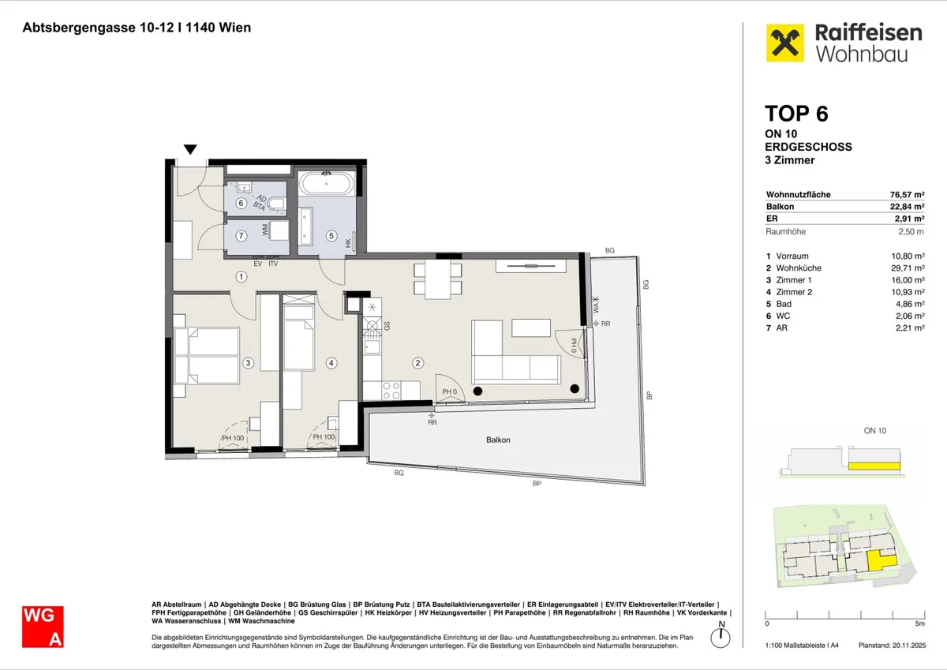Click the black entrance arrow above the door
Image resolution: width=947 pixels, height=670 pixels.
click(190, 149)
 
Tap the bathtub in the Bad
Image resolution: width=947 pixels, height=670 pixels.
click(327, 184)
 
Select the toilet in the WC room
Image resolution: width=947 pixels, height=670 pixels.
click(277, 204)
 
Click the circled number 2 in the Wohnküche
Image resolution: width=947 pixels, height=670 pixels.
click(417, 363)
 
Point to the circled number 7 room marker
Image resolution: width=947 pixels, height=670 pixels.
click(241, 235)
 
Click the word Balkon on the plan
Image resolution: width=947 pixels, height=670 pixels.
click(498, 440)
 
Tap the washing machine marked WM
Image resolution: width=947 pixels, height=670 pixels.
click(279, 230)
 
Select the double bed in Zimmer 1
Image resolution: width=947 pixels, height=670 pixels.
click(207, 355)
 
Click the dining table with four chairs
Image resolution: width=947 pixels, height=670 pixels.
click(437, 279)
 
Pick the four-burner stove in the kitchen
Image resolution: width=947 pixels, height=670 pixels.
click(391, 390)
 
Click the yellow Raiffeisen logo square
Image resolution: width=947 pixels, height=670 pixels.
click(785, 43)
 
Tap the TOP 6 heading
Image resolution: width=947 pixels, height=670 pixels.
click(796, 114)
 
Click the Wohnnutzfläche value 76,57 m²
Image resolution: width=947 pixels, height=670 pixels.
click(907, 194)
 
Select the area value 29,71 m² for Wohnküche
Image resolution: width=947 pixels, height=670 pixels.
click(908, 268)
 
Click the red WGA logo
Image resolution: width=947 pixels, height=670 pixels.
click(43, 627)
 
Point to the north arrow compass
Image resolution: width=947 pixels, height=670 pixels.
click(721, 637)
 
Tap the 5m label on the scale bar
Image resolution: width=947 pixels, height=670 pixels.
click(920, 623)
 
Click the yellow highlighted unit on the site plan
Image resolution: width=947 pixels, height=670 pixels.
click(881, 560)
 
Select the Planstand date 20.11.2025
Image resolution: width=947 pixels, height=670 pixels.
click(909, 646)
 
